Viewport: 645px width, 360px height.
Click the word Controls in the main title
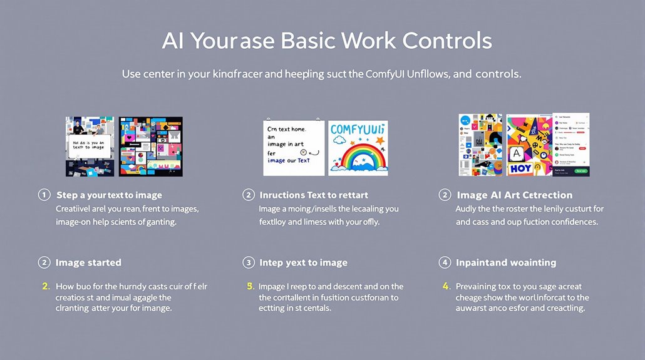pos(447,41)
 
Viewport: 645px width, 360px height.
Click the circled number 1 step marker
pos(44,195)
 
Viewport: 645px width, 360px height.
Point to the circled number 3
pos(249,262)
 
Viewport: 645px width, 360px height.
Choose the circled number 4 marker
pos(445,262)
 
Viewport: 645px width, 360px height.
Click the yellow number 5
pos(250,286)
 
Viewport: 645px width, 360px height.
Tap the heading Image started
pos(88,262)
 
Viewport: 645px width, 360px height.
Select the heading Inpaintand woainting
pos(506,262)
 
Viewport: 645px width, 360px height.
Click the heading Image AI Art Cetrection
pos(514,195)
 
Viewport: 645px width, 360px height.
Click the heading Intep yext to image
pos(303,262)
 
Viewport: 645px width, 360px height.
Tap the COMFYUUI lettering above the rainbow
pos(358,130)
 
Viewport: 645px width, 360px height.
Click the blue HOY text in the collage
pos(520,168)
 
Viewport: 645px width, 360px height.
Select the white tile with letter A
pos(517,153)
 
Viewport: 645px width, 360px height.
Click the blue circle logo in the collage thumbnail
pos(465,121)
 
